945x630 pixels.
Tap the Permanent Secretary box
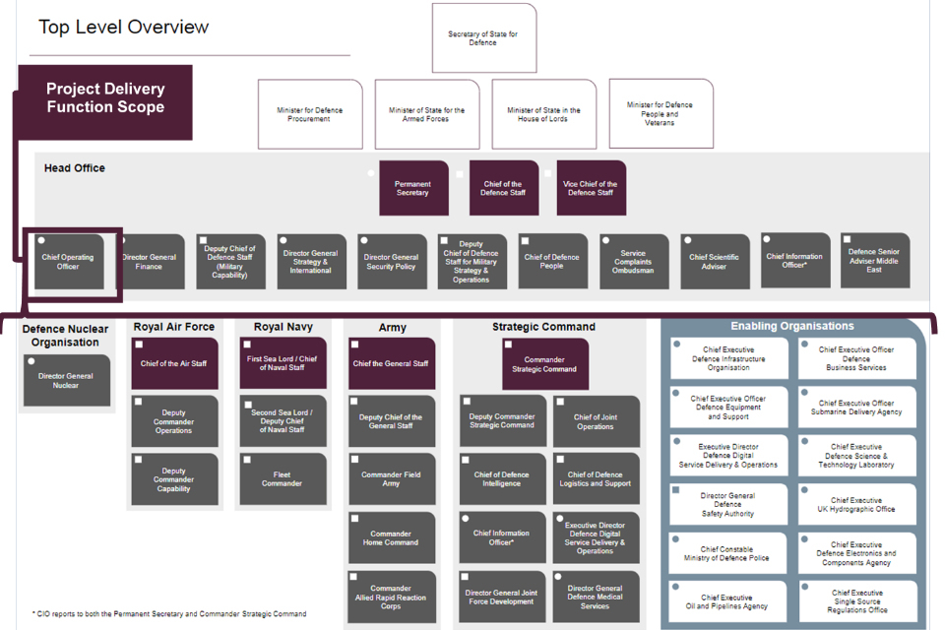[413, 188]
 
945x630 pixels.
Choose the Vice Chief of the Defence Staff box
[591, 188]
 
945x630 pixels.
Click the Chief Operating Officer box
[68, 262]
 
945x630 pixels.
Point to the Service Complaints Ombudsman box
[633, 262]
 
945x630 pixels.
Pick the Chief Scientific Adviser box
[714, 262]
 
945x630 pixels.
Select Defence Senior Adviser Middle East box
[874, 260]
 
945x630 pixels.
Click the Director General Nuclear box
[66, 380]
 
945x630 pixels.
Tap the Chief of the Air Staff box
[174, 363]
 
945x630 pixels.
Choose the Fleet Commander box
[283, 478]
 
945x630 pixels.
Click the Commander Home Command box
[391, 537]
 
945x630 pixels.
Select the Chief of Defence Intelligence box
[502, 479]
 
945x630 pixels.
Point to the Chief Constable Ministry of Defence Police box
[727, 553]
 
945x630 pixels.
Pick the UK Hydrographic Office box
[857, 504]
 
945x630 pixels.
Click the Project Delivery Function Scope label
[105, 98]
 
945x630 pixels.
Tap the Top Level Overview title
[124, 27]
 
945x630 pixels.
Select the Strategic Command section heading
[543, 327]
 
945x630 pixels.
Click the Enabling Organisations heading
[792, 326]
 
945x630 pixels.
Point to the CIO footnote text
[169, 614]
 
